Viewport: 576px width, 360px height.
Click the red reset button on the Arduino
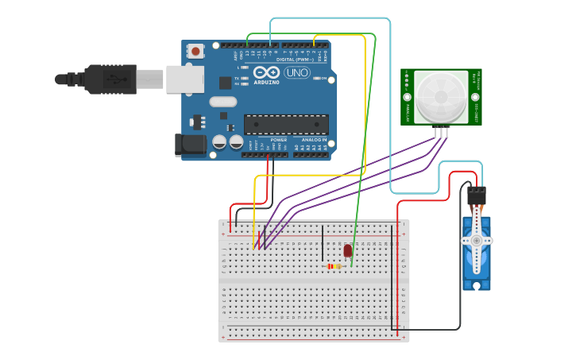point(195,52)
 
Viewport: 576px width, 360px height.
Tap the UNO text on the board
point(296,72)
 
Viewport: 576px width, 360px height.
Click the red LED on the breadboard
point(348,250)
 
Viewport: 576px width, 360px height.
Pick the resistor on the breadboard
point(335,266)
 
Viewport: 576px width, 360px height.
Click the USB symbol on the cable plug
point(118,79)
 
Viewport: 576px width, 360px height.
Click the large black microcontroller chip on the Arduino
point(286,124)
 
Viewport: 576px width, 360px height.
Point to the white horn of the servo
point(477,240)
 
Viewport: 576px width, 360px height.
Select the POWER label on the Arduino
point(278,140)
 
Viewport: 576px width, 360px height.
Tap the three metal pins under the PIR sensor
point(441,132)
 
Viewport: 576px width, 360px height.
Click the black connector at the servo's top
point(477,195)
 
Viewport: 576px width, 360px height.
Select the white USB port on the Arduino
point(184,79)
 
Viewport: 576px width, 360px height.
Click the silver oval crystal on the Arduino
point(223,101)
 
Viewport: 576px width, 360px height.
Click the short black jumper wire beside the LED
point(323,244)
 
